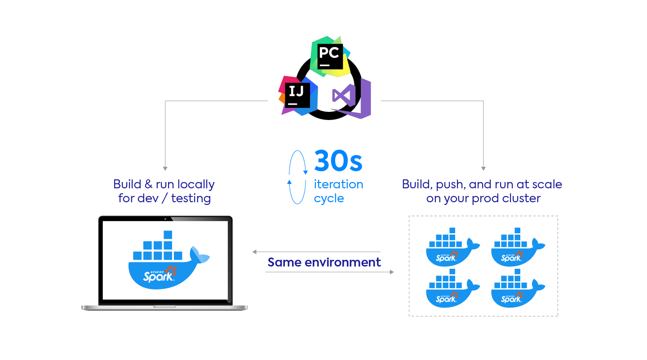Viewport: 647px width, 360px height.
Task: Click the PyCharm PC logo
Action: pos(330,56)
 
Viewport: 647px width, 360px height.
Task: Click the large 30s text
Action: pos(338,160)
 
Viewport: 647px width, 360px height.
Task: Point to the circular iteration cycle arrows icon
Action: pos(297,178)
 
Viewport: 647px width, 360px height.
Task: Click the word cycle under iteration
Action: pos(329,199)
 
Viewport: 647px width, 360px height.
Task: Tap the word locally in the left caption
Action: pos(196,184)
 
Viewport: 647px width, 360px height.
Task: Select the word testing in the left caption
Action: pos(191,198)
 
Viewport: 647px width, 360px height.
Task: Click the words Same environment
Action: pos(324,262)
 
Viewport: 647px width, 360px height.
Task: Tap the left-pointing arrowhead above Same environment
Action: pos(254,252)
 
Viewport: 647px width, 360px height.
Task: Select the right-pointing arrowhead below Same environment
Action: pos(391,272)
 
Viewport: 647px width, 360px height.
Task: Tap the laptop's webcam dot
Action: pos(165,219)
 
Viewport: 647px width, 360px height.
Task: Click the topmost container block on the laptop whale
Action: pos(168,235)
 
